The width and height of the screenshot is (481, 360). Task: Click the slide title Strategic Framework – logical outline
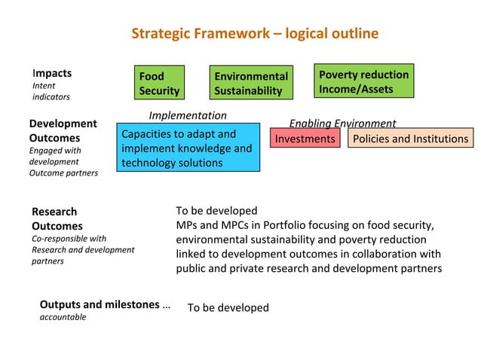pyautogui.click(x=255, y=34)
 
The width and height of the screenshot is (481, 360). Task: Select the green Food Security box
pyautogui.click(x=159, y=83)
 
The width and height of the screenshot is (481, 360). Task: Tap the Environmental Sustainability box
pyautogui.click(x=250, y=83)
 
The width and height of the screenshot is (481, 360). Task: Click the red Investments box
pyautogui.click(x=305, y=139)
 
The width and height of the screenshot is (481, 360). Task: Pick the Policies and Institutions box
pyautogui.click(x=410, y=139)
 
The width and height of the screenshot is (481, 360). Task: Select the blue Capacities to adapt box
pyautogui.click(x=188, y=148)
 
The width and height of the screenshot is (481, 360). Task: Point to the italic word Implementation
pyautogui.click(x=188, y=115)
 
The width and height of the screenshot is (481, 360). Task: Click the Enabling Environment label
pyautogui.click(x=342, y=123)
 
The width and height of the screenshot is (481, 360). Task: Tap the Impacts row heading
pyautogui.click(x=52, y=73)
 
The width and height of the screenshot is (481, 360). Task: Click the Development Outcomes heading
pyautogui.click(x=63, y=130)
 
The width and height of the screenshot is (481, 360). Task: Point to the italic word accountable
pyautogui.click(x=63, y=317)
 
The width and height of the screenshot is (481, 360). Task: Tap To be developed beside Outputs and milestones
pyautogui.click(x=228, y=307)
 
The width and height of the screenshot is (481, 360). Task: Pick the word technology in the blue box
pyautogui.click(x=148, y=163)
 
